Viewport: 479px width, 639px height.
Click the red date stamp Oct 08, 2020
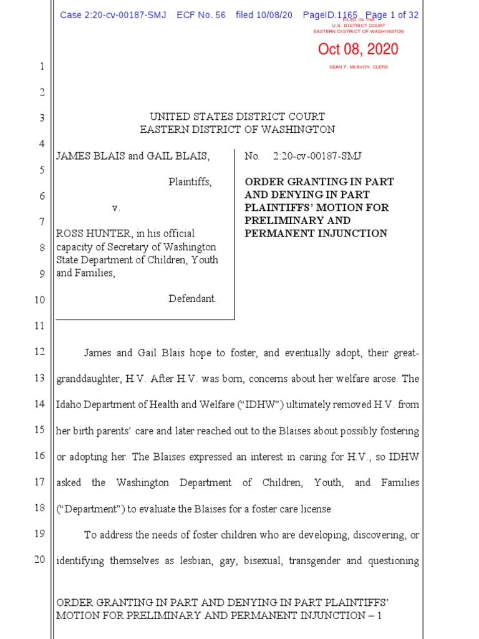click(358, 50)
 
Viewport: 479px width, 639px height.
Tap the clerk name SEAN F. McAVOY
click(358, 67)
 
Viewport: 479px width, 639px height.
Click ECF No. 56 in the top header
click(201, 15)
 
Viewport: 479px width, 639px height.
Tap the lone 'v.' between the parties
click(115, 208)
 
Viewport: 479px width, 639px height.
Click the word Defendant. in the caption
click(193, 299)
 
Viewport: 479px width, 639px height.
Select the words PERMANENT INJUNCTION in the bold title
click(316, 233)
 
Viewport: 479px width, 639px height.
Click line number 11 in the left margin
click(39, 326)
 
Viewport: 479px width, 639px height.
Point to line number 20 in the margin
click(39, 559)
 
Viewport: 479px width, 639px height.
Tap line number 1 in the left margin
click(41, 67)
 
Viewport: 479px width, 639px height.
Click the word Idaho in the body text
click(69, 404)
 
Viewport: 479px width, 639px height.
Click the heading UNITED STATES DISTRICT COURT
click(237, 117)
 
